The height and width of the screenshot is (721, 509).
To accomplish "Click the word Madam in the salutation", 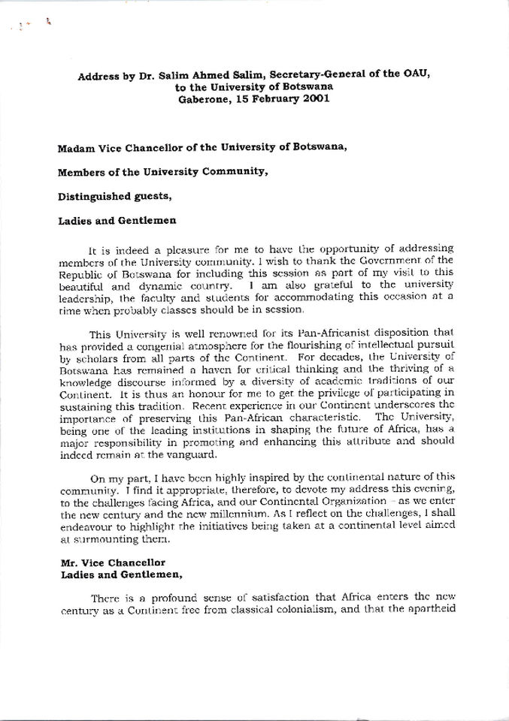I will click(x=76, y=147).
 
